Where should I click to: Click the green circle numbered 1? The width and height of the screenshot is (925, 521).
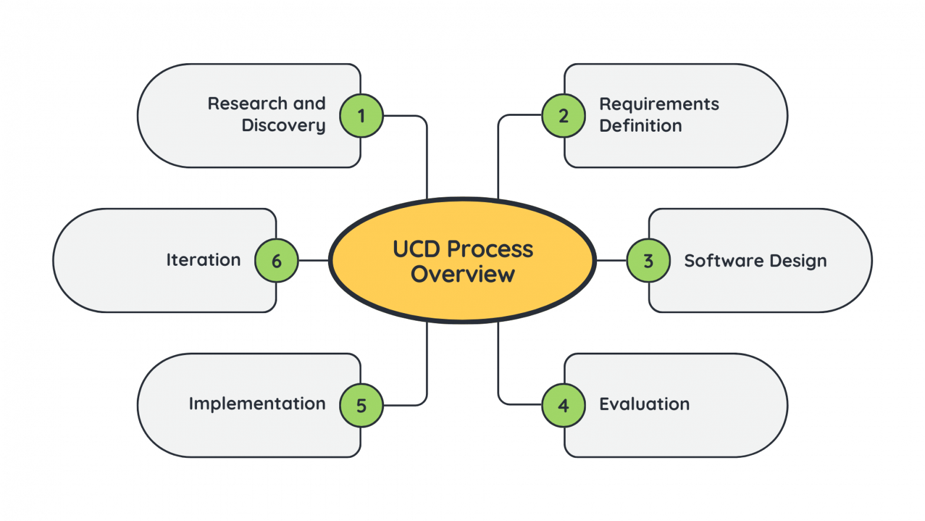pyautogui.click(x=361, y=116)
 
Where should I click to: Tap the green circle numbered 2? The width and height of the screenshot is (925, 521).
pyautogui.click(x=563, y=116)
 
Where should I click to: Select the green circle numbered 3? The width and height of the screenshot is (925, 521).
pyautogui.click(x=648, y=260)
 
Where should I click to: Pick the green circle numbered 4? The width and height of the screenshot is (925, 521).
pyautogui.click(x=563, y=405)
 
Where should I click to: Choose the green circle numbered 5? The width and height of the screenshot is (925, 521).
pyautogui.click(x=361, y=405)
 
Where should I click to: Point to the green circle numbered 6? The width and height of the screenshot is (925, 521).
pyautogui.click(x=276, y=260)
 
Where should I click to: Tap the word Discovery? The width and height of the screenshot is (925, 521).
pyautogui.click(x=283, y=126)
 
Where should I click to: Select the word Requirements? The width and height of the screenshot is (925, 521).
pyautogui.click(x=659, y=105)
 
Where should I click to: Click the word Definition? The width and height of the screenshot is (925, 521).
pyautogui.click(x=640, y=126)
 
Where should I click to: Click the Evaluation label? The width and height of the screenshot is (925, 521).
pyautogui.click(x=644, y=404)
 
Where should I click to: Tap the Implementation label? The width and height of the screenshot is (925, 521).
pyautogui.click(x=257, y=404)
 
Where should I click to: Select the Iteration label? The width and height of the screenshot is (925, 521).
pyautogui.click(x=203, y=260)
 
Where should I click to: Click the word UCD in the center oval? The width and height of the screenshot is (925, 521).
pyautogui.click(x=416, y=249)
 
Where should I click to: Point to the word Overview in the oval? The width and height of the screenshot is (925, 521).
pyautogui.click(x=462, y=274)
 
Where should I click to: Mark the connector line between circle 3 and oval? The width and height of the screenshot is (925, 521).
pyautogui.click(x=611, y=260)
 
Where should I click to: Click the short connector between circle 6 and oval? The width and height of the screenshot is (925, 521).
pyautogui.click(x=313, y=260)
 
